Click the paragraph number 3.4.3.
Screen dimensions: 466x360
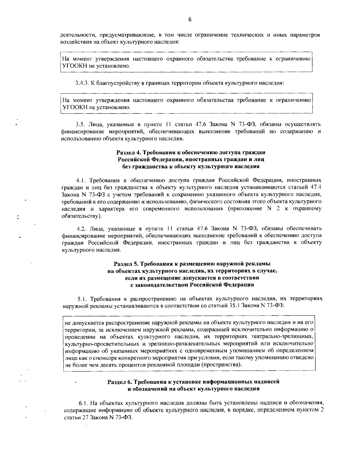[x=81, y=83]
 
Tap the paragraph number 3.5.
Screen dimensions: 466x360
[x=79, y=124]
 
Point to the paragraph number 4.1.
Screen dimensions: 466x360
[x=81, y=180]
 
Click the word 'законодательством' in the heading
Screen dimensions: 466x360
[x=162, y=285]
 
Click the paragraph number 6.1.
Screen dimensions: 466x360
[x=83, y=403]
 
